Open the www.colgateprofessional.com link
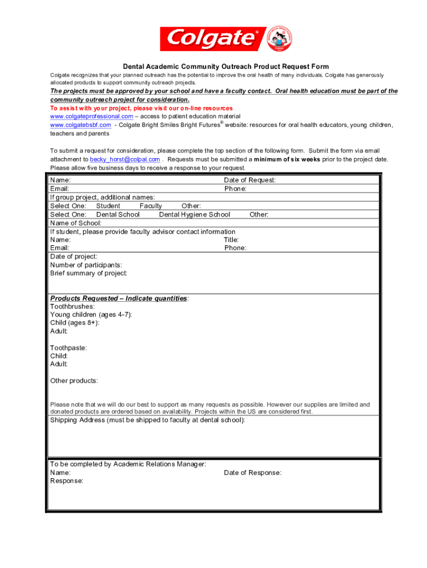[91, 116]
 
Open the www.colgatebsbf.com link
[80, 125]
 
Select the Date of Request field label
[250, 180]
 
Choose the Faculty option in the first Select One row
[151, 206]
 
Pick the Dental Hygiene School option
[194, 214]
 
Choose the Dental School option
[118, 214]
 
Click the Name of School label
[76, 223]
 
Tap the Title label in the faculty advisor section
[231, 240]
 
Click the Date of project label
[74, 256]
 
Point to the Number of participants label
[86, 265]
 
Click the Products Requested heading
[119, 298]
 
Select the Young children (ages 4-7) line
[91, 315]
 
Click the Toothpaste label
[68, 348]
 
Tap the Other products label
[74, 381]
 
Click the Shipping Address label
[147, 420]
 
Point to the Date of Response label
[252, 473]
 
